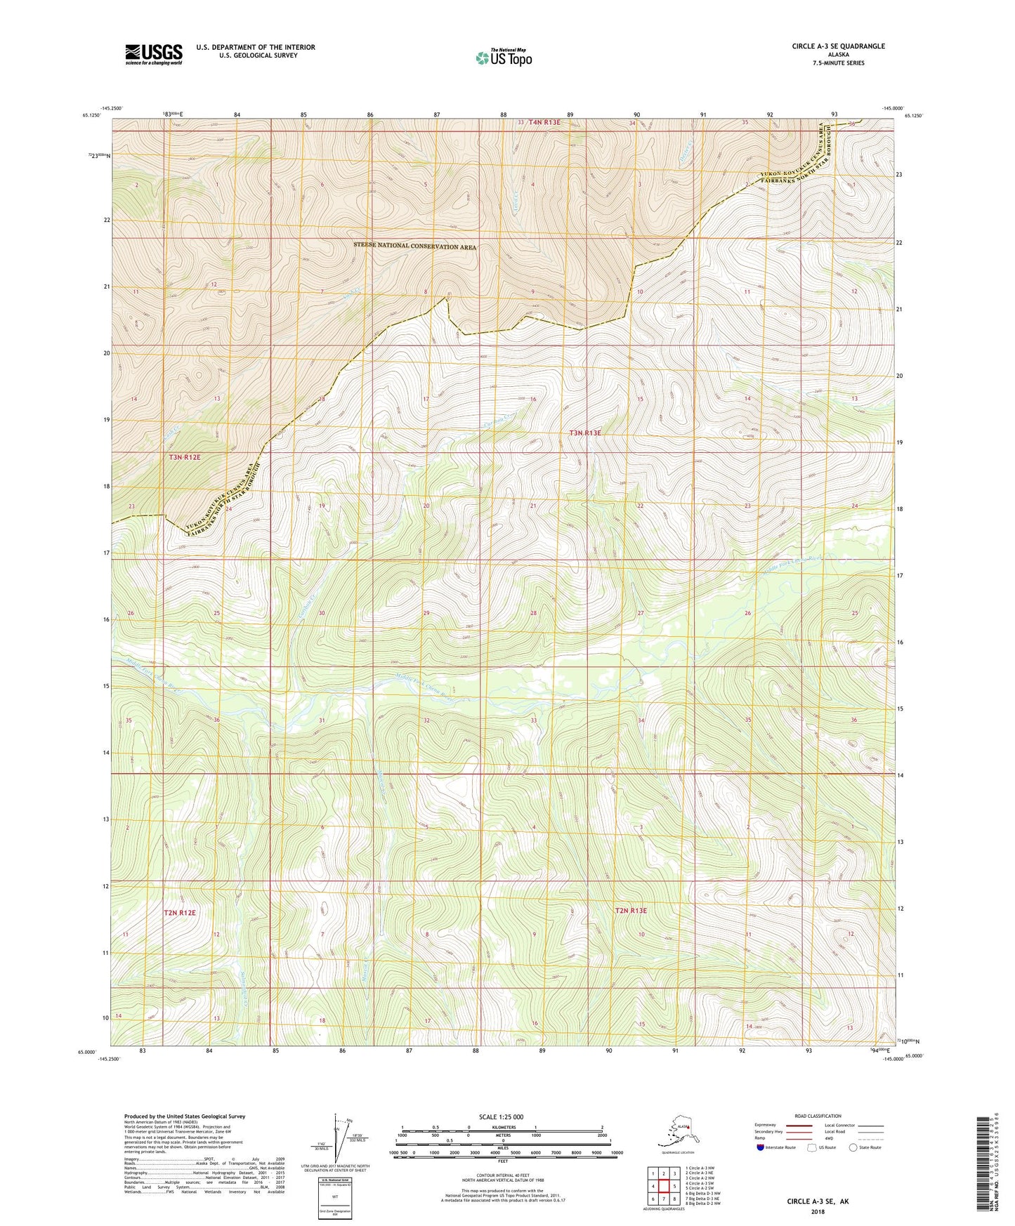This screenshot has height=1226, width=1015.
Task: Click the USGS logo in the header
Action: (x=153, y=54)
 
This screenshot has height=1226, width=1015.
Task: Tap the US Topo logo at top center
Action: (x=503, y=58)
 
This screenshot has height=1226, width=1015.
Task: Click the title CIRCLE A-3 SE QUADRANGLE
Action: (x=838, y=46)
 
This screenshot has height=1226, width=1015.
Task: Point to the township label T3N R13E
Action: (x=585, y=433)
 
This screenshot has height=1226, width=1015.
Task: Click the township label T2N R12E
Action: (x=180, y=913)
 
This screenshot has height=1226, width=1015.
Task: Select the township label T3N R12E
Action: (x=185, y=457)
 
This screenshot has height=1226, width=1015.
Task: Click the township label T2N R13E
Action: (x=631, y=911)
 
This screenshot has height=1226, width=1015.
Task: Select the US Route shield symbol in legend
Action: (x=813, y=1147)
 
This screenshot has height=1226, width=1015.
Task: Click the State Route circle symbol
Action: (x=853, y=1147)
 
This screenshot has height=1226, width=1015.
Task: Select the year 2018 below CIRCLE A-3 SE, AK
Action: (x=818, y=1211)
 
